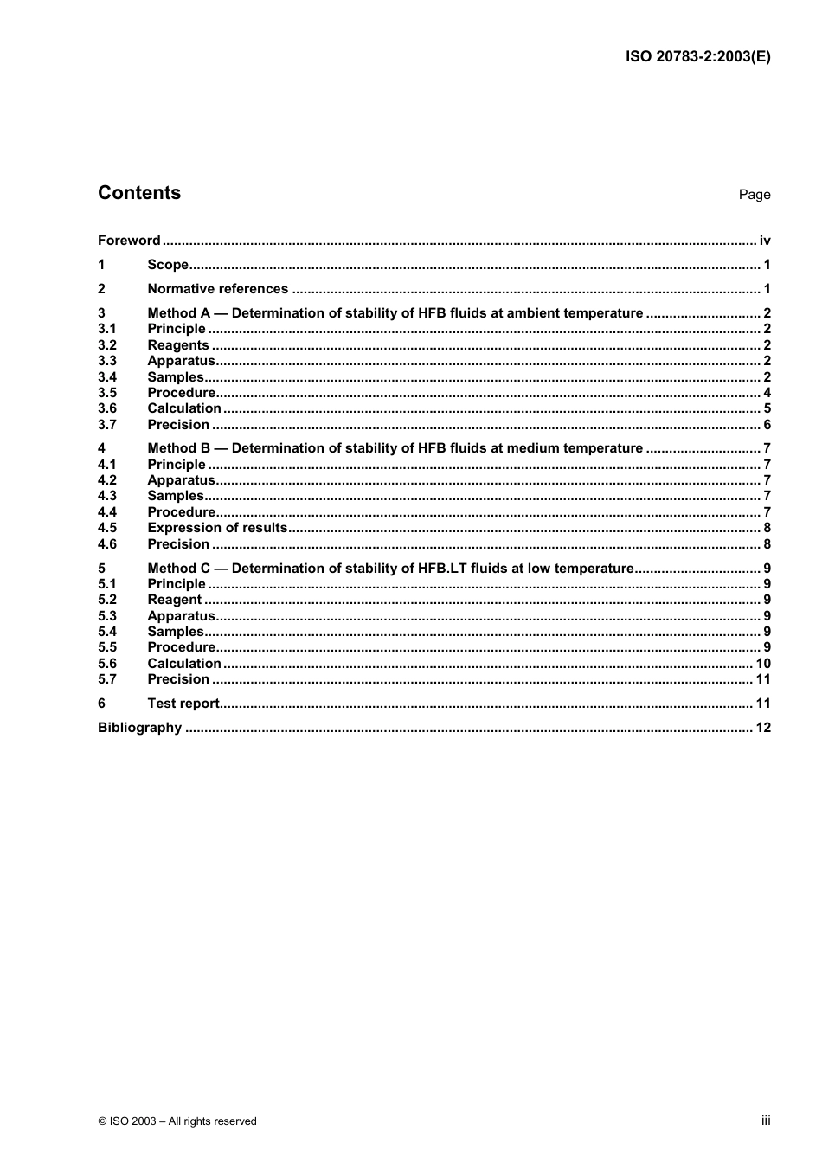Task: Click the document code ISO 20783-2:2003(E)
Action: point(697,57)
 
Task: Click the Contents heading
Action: point(139,193)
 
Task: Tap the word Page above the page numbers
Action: point(754,195)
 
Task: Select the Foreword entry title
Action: point(129,241)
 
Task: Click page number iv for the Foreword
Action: point(765,241)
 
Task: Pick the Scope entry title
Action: point(168,265)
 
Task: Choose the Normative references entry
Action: point(217,289)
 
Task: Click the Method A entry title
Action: point(395,313)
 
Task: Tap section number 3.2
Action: point(106,345)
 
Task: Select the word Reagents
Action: point(178,345)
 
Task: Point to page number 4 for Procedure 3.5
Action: point(767,393)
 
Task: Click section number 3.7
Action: point(106,425)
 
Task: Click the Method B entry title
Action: point(395,448)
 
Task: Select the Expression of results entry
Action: point(217,528)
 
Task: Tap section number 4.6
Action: point(106,544)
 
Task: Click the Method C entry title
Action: point(390,569)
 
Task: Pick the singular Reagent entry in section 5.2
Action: point(174,600)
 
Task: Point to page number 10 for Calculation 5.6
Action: point(763,664)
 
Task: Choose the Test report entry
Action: point(183,704)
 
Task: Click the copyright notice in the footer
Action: point(177,1121)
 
